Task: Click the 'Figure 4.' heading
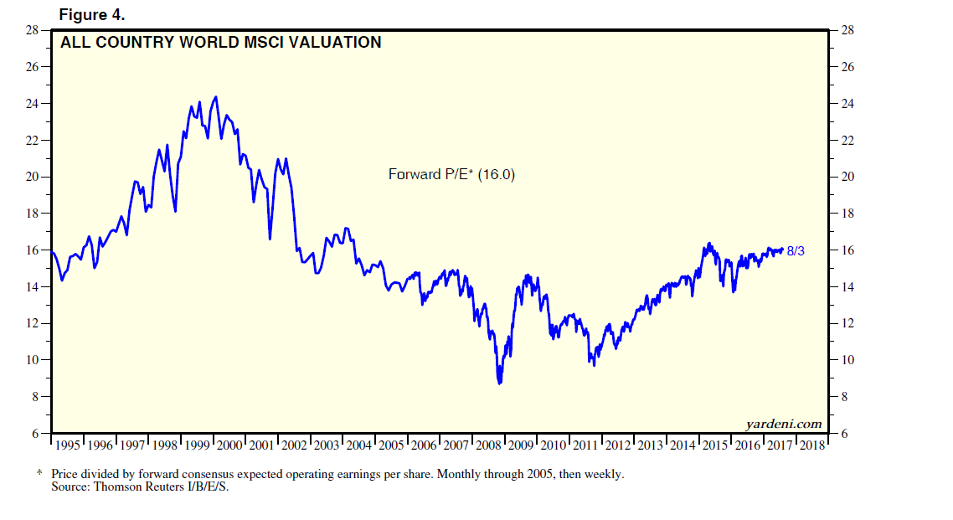92,14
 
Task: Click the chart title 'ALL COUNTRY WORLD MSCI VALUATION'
220,42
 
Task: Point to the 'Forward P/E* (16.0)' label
451,174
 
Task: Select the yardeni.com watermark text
783,424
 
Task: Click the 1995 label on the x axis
68,445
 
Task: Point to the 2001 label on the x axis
261,445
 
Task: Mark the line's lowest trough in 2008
500,383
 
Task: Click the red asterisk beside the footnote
39,474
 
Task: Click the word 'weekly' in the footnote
603,474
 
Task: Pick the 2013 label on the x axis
649,445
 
